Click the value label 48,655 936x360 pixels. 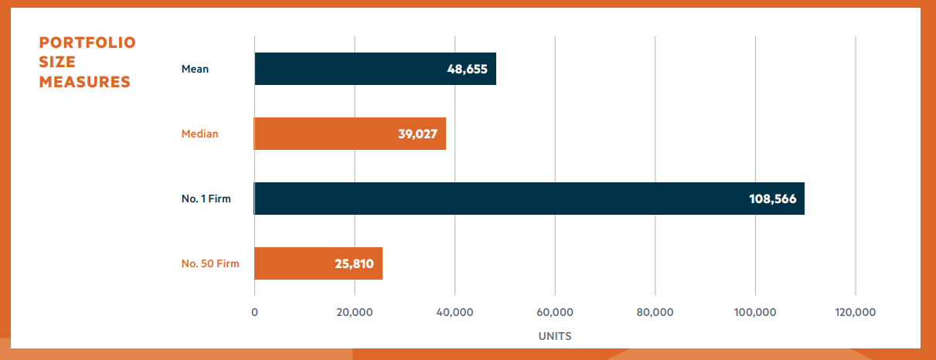pyautogui.click(x=467, y=69)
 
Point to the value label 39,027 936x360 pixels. pyautogui.click(x=417, y=134)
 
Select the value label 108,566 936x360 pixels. pyautogui.click(x=774, y=199)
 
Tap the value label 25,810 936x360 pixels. pyautogui.click(x=354, y=263)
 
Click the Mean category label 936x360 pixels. pyautogui.click(x=195, y=69)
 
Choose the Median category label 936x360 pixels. pyautogui.click(x=199, y=134)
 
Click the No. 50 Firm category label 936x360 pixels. pyautogui.click(x=205, y=263)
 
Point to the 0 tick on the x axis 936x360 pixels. pyautogui.click(x=254, y=312)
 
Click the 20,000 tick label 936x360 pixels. pyautogui.click(x=355, y=312)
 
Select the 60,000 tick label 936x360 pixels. pyautogui.click(x=555, y=312)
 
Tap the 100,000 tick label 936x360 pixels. pyautogui.click(x=755, y=312)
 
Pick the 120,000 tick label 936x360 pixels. pyautogui.click(x=856, y=312)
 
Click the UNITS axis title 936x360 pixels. pyautogui.click(x=554, y=336)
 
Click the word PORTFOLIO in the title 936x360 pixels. pyautogui.click(x=87, y=42)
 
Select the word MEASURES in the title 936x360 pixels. pyautogui.click(x=85, y=82)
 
